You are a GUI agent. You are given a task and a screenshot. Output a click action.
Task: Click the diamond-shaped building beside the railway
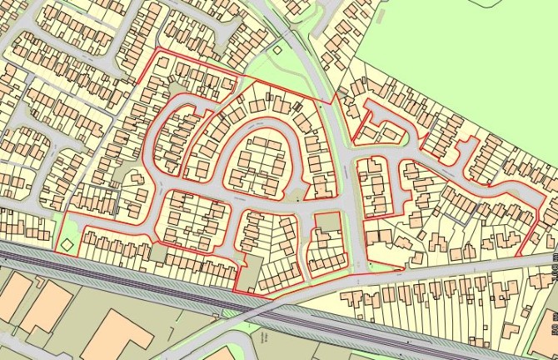pos(65,244)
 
